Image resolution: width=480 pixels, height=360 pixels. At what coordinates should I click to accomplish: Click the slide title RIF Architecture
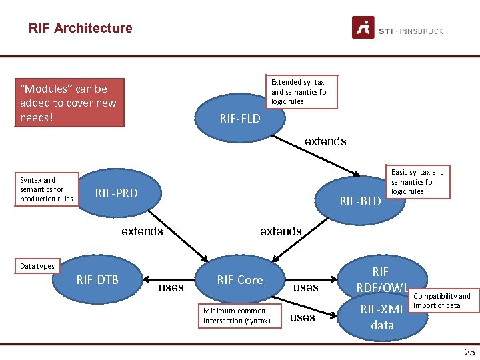(x=80, y=28)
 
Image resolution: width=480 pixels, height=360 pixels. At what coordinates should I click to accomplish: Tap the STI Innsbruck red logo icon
(x=363, y=28)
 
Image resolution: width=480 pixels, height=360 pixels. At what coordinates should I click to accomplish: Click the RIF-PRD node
(x=117, y=193)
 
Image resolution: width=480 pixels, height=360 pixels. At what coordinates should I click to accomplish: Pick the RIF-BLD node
(x=360, y=200)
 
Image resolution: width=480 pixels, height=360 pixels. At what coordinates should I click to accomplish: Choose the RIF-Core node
(x=240, y=279)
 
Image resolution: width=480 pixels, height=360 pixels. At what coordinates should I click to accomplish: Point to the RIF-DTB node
(x=98, y=279)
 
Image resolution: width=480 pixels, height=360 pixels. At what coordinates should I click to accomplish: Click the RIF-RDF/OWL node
(x=382, y=279)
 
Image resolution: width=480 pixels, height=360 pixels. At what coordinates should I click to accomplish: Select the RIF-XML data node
(x=382, y=316)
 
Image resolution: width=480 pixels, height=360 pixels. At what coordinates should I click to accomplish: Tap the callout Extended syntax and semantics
(x=300, y=91)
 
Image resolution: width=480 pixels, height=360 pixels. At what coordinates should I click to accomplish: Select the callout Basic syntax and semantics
(x=417, y=181)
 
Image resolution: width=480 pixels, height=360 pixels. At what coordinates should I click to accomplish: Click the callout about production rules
(x=47, y=189)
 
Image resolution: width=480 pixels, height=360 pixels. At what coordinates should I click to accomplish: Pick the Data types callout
(x=37, y=266)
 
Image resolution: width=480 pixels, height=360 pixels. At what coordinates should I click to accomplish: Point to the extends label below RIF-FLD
(x=325, y=141)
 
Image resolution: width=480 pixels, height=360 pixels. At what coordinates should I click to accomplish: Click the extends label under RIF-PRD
(x=141, y=231)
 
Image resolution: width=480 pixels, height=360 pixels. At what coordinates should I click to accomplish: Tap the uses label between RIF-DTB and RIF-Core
(x=171, y=287)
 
